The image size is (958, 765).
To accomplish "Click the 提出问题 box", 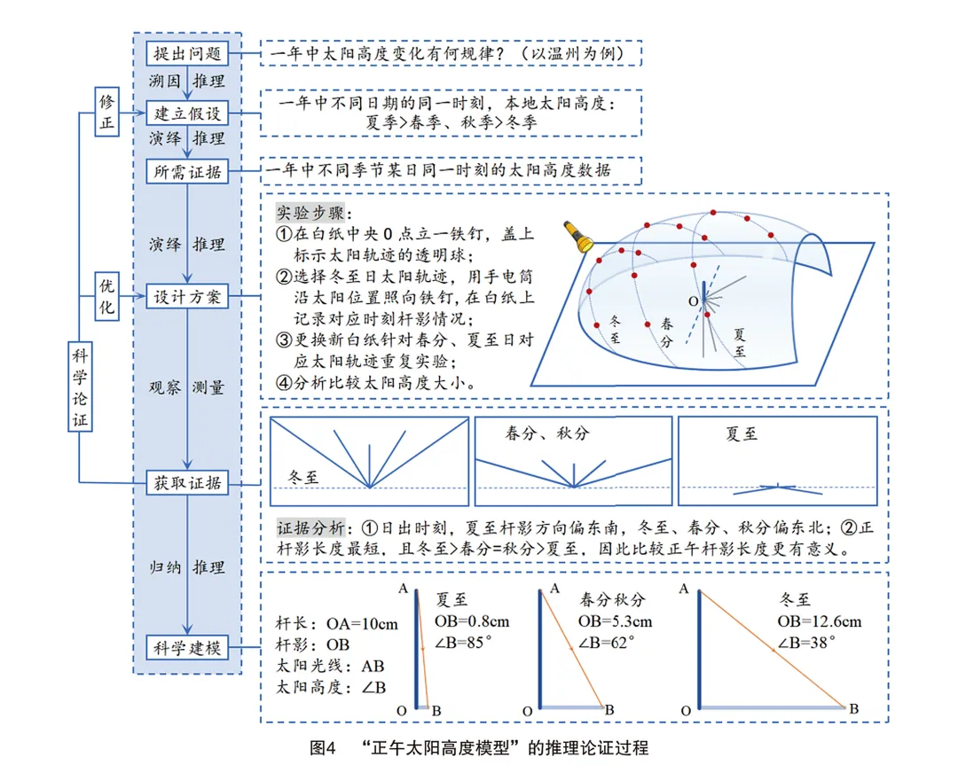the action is [x=187, y=54].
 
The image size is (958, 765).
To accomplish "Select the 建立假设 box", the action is [x=187, y=113].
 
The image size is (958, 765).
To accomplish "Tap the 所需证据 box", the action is [x=187, y=172].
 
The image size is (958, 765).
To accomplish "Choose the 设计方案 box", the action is [x=187, y=297].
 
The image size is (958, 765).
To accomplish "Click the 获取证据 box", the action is [x=187, y=483].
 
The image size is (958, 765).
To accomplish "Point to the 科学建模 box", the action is [x=187, y=648].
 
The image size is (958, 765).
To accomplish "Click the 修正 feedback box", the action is [x=107, y=112].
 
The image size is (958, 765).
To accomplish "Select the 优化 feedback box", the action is [x=107, y=296].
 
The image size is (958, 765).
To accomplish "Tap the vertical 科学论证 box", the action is [x=80, y=387].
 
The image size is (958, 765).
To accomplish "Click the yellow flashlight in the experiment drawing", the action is [x=578, y=237].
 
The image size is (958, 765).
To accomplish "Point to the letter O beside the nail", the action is [x=693, y=301].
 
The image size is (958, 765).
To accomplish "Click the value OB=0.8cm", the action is [x=472, y=621].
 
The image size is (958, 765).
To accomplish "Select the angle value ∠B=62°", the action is [x=606, y=643].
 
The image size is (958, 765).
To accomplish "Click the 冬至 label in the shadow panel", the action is [x=303, y=477].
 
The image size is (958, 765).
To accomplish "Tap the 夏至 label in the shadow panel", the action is [x=742, y=434].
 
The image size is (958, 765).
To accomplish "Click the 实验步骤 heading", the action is [x=311, y=213].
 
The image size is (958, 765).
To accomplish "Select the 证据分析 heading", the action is [x=311, y=527].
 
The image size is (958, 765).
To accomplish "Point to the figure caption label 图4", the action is [x=323, y=748].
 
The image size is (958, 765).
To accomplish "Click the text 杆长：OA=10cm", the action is [x=337, y=624].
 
